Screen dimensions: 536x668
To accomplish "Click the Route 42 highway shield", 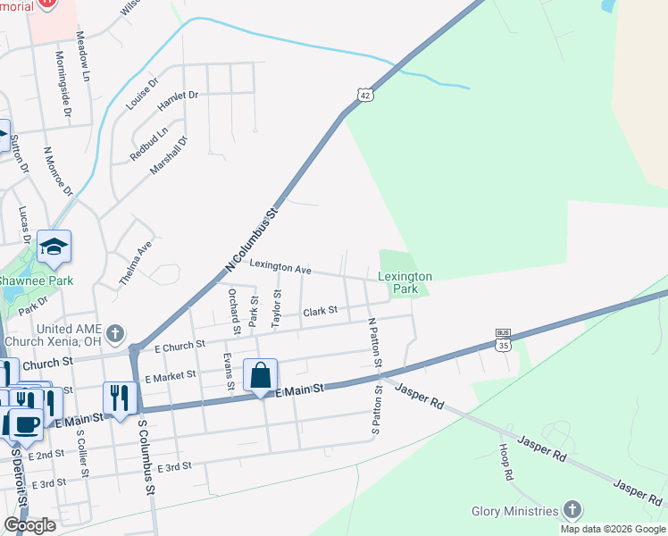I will [364, 95].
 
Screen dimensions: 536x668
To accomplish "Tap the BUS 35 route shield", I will [505, 339].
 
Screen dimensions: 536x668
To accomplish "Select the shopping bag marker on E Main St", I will [260, 375].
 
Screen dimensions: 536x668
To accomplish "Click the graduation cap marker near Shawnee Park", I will [54, 247].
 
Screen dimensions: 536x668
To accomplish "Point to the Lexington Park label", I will [405, 283].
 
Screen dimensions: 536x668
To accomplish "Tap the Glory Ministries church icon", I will [572, 511].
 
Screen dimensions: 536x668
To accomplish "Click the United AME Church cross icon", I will [114, 334].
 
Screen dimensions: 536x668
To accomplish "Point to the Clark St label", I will [320, 311].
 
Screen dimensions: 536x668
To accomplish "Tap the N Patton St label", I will [373, 343].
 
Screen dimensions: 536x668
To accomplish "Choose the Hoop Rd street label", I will [506, 462].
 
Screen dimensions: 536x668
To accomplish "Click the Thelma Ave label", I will [136, 264].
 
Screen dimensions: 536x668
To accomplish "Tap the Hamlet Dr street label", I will [177, 100].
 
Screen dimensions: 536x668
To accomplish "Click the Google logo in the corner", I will [29, 525].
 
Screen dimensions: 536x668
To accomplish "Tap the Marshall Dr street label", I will [169, 155].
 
